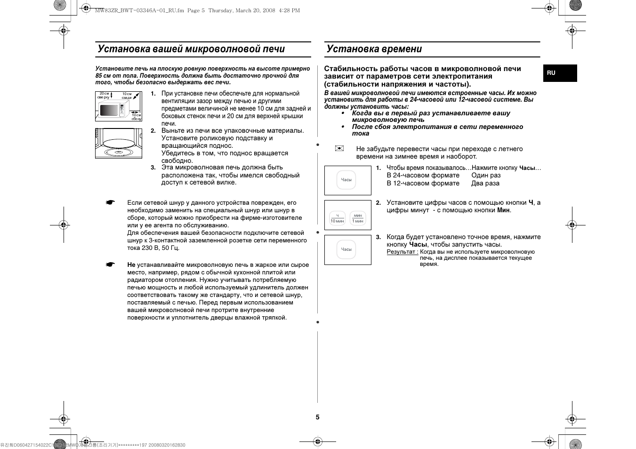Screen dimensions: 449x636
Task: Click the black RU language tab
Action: point(560,73)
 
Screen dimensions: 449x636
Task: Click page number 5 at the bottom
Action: point(317,417)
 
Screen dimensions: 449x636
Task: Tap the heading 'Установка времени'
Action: point(374,49)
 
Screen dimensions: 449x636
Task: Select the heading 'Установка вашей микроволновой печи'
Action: point(191,49)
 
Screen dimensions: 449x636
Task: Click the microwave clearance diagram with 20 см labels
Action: point(119,106)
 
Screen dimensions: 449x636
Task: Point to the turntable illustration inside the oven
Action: point(119,144)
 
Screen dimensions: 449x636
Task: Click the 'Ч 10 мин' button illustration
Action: point(337,218)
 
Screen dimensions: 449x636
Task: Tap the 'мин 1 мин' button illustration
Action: point(358,218)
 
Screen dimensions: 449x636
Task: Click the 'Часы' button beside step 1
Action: point(346,180)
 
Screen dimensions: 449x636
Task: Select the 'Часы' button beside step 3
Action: point(346,249)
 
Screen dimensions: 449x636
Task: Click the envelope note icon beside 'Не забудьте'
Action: point(339,148)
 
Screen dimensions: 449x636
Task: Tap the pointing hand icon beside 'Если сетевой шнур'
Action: point(110,203)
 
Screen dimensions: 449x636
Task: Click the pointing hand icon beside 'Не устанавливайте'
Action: point(110,265)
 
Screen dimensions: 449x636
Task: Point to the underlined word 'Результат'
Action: point(402,252)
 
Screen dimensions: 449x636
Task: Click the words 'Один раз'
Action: point(486,176)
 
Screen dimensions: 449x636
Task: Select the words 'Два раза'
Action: point(485,184)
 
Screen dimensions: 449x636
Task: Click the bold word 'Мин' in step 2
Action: point(504,210)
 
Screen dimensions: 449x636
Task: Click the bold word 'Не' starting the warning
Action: point(131,265)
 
